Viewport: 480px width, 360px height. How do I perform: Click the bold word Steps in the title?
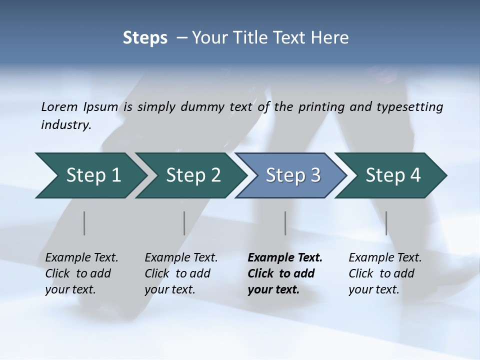(x=145, y=38)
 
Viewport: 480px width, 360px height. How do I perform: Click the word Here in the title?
(x=329, y=38)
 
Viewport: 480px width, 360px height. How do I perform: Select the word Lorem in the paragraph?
(x=59, y=106)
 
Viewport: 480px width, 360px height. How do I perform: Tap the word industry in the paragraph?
(x=65, y=125)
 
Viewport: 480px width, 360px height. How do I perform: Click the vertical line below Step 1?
(x=84, y=223)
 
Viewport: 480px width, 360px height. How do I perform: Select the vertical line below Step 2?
(x=184, y=223)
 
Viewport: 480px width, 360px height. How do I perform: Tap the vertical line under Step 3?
(x=285, y=223)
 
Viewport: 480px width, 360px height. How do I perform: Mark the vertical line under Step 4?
(x=386, y=223)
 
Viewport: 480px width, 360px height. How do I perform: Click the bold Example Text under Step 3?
(x=285, y=258)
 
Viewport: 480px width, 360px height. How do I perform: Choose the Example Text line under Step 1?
(x=81, y=258)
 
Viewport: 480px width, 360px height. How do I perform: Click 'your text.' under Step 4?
(x=374, y=289)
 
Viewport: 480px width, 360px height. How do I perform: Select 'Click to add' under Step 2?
(x=177, y=274)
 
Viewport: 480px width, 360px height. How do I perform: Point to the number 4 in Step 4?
(x=414, y=175)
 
